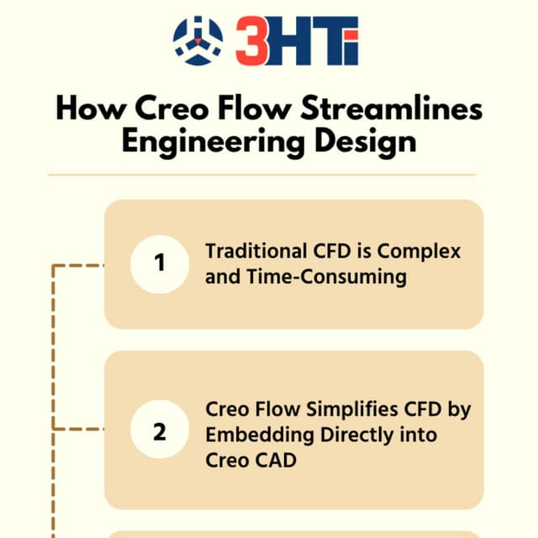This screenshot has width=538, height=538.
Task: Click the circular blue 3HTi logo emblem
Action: click(x=198, y=40)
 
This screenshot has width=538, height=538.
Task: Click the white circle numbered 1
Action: click(x=160, y=264)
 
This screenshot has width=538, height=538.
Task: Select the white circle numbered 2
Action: click(x=160, y=432)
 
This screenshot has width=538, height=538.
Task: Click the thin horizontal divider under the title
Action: click(x=261, y=175)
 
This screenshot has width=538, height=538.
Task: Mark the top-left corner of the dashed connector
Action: click(x=54, y=266)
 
